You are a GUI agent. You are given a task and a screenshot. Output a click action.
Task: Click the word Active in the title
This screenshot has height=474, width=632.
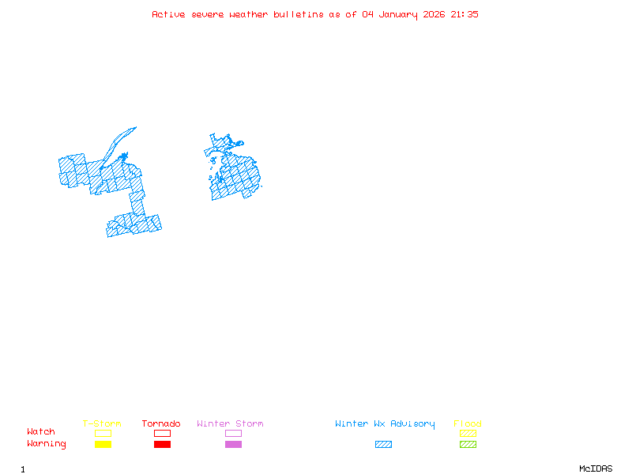169,14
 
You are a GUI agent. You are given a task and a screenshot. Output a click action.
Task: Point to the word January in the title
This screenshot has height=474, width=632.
400,14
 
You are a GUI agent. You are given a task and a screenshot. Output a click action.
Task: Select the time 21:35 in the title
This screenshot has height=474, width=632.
465,14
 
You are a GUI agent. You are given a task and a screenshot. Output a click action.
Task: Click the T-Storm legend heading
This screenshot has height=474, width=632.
102,424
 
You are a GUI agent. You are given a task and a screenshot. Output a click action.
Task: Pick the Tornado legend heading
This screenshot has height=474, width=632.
161,424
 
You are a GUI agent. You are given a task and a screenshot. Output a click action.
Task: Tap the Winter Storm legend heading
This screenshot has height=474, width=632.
230,424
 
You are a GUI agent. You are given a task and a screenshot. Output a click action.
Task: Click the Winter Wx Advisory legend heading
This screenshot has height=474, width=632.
385,424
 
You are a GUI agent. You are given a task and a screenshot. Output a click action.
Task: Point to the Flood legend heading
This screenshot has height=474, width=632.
468,424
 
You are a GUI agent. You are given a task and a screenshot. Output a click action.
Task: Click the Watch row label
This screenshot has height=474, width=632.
41,432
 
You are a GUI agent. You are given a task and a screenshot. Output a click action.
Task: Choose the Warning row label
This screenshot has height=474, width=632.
47,444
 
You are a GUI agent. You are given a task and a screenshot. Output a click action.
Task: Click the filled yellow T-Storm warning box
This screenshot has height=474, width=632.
103,445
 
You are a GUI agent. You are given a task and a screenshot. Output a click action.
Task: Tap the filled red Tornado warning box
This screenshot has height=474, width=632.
162,445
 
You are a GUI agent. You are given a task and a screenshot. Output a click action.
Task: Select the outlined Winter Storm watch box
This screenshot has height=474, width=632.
233,434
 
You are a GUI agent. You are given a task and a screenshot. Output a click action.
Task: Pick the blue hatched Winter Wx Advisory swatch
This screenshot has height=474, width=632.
383,445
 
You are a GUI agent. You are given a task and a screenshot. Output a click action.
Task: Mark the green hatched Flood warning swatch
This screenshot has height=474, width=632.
468,445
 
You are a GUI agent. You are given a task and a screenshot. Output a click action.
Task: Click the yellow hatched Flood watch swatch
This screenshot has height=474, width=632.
468,434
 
